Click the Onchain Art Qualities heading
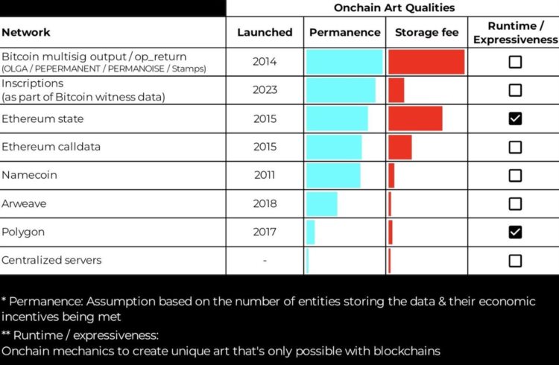pos(394,7)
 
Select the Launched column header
pos(265,33)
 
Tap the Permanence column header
pos(344,33)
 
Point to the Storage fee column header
pos(426,33)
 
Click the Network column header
pos(26,33)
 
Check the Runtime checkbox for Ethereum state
pos(515,118)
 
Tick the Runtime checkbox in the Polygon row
pos(515,232)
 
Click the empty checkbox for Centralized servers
pos(515,261)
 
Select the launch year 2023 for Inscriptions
pos(265,90)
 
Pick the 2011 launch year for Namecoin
pos(265,176)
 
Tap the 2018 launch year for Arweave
pos(265,203)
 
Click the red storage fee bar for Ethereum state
pos(415,118)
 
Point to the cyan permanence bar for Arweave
pos(322,204)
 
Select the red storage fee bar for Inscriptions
pos(396,90)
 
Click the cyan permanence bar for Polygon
pos(311,232)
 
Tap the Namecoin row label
pos(29,175)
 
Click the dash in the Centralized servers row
pos(265,261)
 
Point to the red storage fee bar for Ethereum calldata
pos(400,147)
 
